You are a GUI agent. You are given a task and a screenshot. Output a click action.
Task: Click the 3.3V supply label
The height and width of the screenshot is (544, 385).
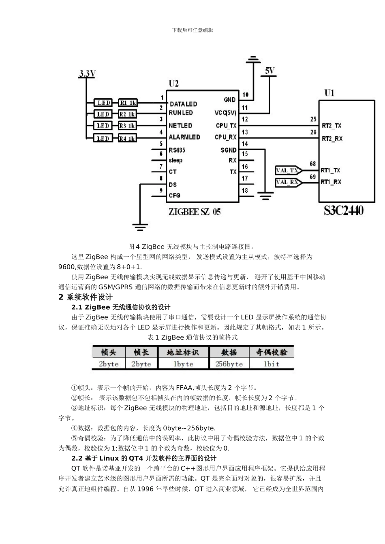(87, 74)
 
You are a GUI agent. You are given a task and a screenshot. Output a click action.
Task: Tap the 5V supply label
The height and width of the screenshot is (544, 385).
(269, 71)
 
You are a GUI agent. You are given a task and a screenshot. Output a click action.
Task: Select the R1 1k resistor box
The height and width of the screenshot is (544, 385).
(128, 103)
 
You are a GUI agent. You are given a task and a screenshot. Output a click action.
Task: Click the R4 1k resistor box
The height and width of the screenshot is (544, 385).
(128, 138)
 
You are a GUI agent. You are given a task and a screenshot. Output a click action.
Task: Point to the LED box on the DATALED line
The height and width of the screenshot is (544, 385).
(103, 103)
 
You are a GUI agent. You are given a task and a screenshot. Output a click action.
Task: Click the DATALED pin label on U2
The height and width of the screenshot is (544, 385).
(183, 104)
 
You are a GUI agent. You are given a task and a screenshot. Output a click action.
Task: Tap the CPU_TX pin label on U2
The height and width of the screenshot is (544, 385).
(226, 125)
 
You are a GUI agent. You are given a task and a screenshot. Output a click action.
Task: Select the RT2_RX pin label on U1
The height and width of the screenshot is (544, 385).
(332, 138)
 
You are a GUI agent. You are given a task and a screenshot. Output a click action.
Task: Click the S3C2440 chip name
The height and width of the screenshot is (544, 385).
(343, 210)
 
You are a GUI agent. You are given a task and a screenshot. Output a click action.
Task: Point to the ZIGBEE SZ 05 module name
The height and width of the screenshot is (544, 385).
(195, 212)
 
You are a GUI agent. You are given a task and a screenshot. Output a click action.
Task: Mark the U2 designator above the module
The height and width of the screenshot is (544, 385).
(173, 84)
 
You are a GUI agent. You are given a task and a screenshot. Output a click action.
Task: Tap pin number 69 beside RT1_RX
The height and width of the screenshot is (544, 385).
(313, 177)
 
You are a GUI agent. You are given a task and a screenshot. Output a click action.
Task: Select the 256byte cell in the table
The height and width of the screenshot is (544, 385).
(229, 364)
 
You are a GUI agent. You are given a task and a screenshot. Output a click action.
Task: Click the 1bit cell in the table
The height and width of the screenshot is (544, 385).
(272, 364)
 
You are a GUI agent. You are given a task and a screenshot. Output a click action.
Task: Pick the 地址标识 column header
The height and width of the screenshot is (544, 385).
(183, 352)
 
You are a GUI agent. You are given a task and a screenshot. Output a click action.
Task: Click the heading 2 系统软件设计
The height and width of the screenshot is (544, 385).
(86, 297)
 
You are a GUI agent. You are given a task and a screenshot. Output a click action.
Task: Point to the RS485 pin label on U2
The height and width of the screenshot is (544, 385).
(177, 150)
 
